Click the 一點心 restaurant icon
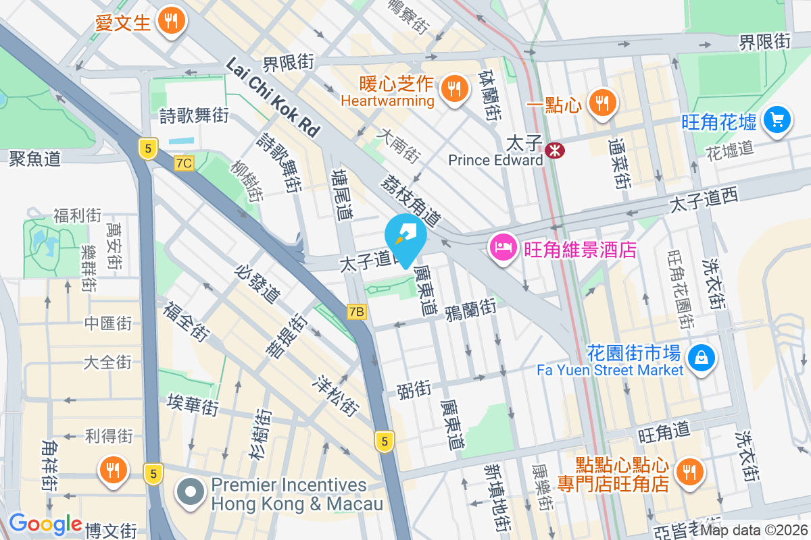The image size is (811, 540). coord(600,102)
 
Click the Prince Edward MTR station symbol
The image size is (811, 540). coord(556,151)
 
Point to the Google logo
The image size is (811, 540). coord(45,524)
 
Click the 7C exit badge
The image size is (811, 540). coord(183,163)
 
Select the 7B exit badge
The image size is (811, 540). coord(357,311)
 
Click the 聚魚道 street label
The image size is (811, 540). coord(35,159)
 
